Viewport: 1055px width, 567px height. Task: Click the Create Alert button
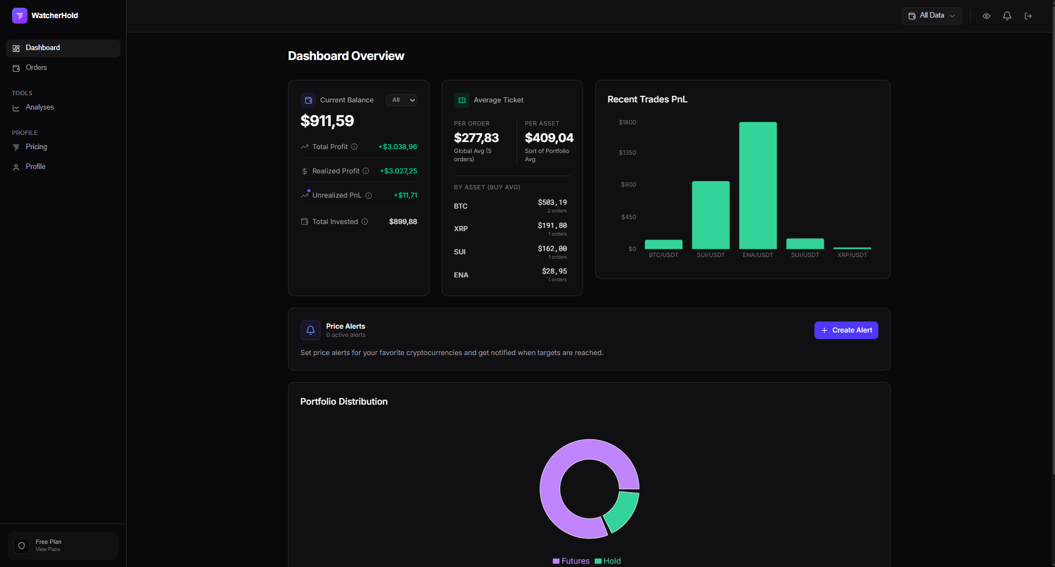pyautogui.click(x=846, y=330)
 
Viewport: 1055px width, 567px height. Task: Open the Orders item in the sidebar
pyautogui.click(x=36, y=68)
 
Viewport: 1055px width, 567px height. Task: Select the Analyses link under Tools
pyautogui.click(x=40, y=107)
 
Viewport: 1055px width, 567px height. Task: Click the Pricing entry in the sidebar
pyautogui.click(x=36, y=147)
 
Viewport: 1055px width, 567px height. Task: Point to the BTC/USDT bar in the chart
pyautogui.click(x=664, y=244)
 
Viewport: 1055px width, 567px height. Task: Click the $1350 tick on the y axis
pyautogui.click(x=627, y=152)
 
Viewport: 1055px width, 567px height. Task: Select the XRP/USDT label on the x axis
pyautogui.click(x=852, y=255)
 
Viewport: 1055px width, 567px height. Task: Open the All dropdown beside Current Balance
pyautogui.click(x=401, y=100)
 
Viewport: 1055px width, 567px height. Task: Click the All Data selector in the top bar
pyautogui.click(x=932, y=16)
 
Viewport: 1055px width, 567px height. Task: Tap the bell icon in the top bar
pyautogui.click(x=1007, y=16)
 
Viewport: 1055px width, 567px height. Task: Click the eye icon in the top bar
pyautogui.click(x=986, y=16)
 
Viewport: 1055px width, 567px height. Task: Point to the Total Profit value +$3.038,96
pyautogui.click(x=398, y=147)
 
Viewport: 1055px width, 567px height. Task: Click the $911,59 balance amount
pyautogui.click(x=327, y=121)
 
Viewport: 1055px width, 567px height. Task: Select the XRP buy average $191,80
pyautogui.click(x=552, y=226)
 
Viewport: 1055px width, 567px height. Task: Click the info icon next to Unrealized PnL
pyautogui.click(x=368, y=195)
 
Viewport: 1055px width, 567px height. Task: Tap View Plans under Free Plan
pyautogui.click(x=48, y=549)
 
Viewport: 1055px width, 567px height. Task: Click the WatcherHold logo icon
pyautogui.click(x=20, y=15)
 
